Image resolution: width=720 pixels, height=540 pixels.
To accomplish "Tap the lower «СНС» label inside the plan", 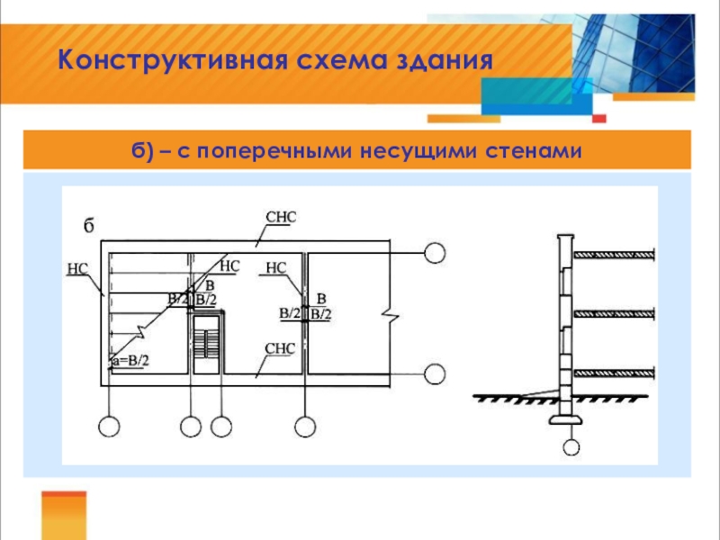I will coord(280,348).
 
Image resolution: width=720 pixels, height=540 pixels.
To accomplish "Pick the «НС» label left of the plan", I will coord(76,267).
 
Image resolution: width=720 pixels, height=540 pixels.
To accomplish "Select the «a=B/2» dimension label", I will coord(130,361).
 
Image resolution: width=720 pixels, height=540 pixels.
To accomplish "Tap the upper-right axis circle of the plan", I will coord(436,253).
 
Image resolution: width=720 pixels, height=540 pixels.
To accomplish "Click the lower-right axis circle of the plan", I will coord(436,373).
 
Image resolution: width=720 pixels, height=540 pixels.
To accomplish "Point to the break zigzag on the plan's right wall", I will coord(387,315).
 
